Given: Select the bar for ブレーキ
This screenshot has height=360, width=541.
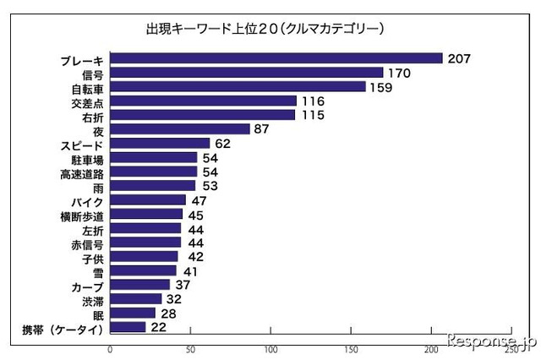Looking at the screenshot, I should (276, 58).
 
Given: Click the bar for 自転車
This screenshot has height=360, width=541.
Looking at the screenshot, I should (238, 87).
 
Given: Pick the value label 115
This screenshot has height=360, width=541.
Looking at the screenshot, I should (314, 115).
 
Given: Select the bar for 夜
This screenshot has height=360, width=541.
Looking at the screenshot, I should (180, 129).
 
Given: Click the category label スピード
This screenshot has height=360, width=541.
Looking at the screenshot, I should (82, 145).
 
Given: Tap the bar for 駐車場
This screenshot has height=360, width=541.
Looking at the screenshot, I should (153, 158).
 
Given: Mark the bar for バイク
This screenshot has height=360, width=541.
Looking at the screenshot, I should (148, 200).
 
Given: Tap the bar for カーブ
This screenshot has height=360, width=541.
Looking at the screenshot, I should (139, 285).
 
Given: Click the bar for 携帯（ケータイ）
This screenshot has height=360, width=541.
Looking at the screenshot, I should (128, 327).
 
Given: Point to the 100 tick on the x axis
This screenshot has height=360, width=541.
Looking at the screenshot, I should (271, 347).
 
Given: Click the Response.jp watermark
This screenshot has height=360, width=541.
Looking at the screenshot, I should (492, 341).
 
